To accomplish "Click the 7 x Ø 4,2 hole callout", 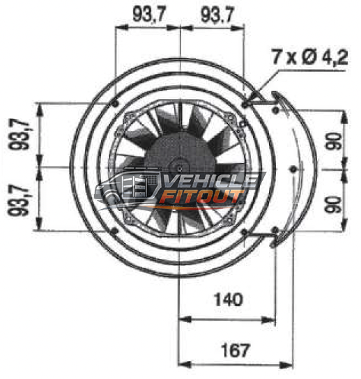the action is [309, 57].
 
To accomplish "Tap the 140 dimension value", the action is [228, 300].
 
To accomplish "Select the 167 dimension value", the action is [235, 350].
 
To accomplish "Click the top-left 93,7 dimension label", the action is [149, 14].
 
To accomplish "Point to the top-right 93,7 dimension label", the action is [217, 15].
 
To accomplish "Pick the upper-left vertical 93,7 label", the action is [19, 134].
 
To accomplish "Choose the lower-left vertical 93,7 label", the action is [19, 200].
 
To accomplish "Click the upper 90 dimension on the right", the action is [334, 141].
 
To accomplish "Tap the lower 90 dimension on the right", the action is [333, 205].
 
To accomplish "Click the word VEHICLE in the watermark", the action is [211, 180].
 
